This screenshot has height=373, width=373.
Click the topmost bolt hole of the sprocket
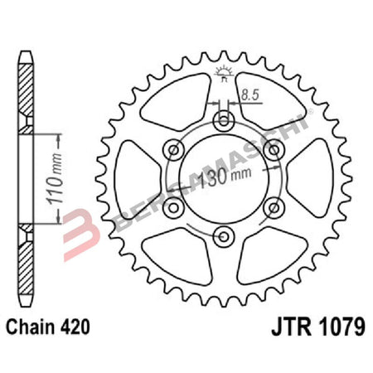(x=224, y=123)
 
